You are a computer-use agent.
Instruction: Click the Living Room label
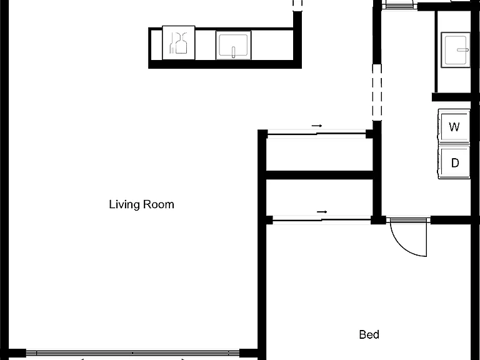[141, 204]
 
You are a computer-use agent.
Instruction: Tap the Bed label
[369, 334]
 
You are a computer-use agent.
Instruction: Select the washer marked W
[454, 126]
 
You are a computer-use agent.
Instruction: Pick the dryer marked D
[454, 162]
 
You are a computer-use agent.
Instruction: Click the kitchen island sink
[234, 45]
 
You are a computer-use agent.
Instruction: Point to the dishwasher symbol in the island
[179, 42]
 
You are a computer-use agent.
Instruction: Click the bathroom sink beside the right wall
[456, 49]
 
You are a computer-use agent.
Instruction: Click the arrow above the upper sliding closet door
[317, 126]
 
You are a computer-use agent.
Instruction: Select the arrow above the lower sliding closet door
[322, 211]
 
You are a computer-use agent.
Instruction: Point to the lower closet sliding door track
[322, 219]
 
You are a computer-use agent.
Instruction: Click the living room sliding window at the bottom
[132, 353]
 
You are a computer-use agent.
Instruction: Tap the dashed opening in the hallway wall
[377, 92]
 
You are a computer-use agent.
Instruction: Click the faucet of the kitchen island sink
[234, 52]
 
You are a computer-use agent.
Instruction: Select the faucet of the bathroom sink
[462, 49]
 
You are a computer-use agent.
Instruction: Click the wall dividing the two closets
[319, 175]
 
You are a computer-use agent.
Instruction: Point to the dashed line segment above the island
[297, 4]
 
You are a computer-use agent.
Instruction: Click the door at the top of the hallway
[399, 5]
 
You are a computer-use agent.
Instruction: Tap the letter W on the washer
[454, 126]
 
